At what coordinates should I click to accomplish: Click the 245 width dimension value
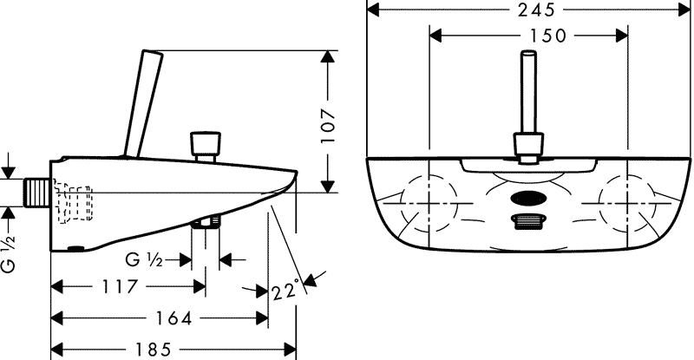point(536,10)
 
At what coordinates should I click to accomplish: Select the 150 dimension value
point(548,36)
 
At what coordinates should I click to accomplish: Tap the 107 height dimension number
point(329,126)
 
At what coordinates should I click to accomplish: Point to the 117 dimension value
point(120,286)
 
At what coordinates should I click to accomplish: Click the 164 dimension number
point(173,318)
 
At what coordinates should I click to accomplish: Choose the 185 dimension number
point(154,350)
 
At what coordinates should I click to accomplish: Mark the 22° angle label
point(286,291)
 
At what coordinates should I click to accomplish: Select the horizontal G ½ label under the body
point(144,260)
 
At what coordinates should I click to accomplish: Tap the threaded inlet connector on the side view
point(36,193)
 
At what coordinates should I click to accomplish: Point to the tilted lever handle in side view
point(144,104)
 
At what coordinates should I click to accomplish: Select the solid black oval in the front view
point(527,199)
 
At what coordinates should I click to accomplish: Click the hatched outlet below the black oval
point(527,221)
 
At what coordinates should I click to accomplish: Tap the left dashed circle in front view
point(429,203)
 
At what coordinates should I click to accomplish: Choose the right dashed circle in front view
point(627,203)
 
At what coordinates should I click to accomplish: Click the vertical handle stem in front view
point(528,92)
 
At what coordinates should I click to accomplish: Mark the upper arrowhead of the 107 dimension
point(328,57)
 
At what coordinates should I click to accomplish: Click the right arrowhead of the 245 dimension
point(684,10)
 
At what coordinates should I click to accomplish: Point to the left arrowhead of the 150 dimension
point(436,36)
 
